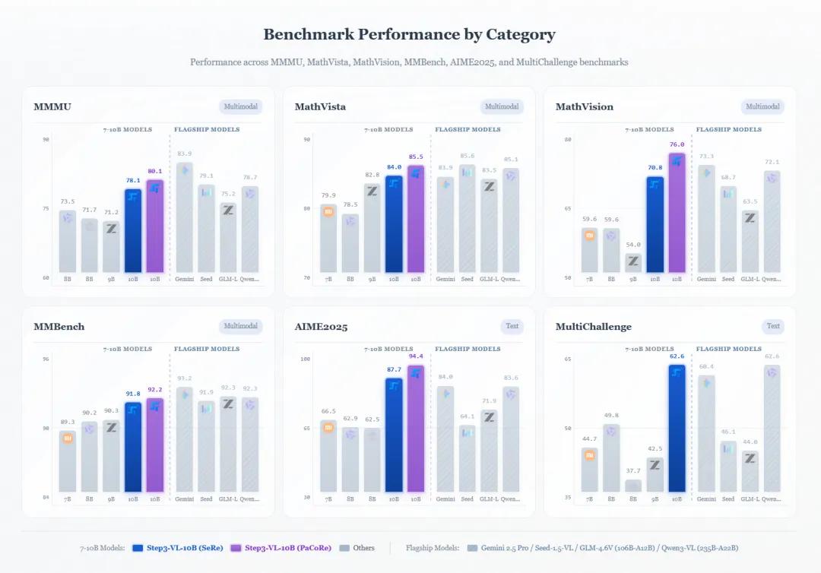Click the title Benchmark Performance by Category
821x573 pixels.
(409, 35)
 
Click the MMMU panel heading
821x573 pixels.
(52, 107)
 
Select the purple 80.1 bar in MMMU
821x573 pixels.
(155, 226)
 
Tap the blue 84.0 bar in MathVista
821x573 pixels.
(394, 224)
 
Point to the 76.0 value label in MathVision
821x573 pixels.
(677, 144)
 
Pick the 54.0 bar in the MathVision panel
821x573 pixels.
(633, 263)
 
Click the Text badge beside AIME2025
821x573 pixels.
(512, 327)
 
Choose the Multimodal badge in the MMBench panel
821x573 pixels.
(240, 327)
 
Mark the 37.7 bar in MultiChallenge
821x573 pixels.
(633, 486)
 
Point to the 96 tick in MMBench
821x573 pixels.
(46, 359)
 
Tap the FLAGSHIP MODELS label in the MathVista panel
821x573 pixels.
(468, 130)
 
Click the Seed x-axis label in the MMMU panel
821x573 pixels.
(206, 279)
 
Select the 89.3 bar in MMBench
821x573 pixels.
(68, 461)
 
